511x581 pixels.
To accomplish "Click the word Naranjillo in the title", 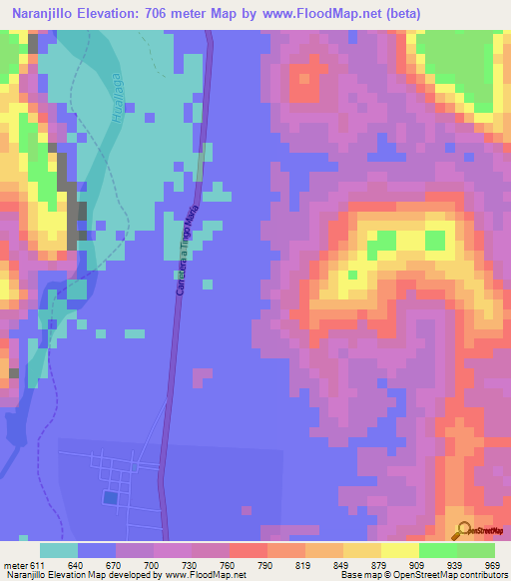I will click(43, 13).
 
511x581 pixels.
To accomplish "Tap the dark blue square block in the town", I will click(109, 497).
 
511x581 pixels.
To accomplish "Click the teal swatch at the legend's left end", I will click(59, 550).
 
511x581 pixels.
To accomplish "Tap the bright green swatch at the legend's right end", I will click(476, 550).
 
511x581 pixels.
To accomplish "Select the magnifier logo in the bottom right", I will click(465, 531).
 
